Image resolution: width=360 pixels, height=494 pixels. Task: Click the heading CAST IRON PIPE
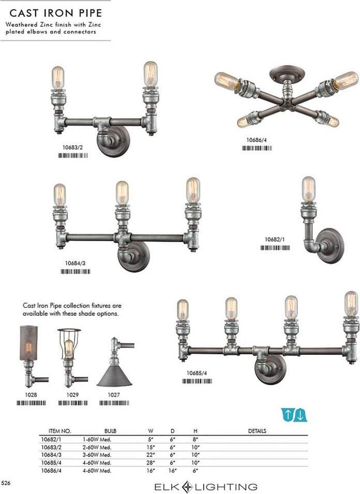tap(56, 13)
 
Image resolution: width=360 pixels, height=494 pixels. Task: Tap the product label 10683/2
tap(72, 147)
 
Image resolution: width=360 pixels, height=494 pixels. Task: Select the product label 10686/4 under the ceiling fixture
tap(256, 140)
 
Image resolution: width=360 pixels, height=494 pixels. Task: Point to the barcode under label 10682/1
tap(275, 248)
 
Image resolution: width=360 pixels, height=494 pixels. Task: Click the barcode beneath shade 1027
tap(114, 403)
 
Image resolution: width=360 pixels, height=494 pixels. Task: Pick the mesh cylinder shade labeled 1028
tap(28, 343)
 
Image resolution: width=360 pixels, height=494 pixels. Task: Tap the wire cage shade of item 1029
tap(69, 344)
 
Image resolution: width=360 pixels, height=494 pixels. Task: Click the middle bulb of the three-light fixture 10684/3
tap(122, 193)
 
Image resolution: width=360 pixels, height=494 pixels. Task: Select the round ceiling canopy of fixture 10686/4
tap(287, 73)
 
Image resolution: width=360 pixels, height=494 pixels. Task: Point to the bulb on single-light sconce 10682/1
tap(309, 189)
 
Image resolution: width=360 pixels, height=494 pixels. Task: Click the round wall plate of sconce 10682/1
tap(330, 246)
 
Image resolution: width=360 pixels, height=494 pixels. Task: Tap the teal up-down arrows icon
tap(294, 414)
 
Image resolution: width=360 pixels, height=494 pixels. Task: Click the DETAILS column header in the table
tap(257, 430)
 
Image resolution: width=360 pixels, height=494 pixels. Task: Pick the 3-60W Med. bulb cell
tap(97, 455)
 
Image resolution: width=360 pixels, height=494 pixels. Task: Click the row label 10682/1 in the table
tap(51, 439)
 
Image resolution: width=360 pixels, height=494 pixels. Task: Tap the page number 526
tap(6, 483)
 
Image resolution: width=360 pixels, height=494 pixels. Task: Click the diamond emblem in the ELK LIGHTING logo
tap(187, 487)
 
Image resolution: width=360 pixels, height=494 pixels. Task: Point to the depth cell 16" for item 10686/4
tap(172, 471)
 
